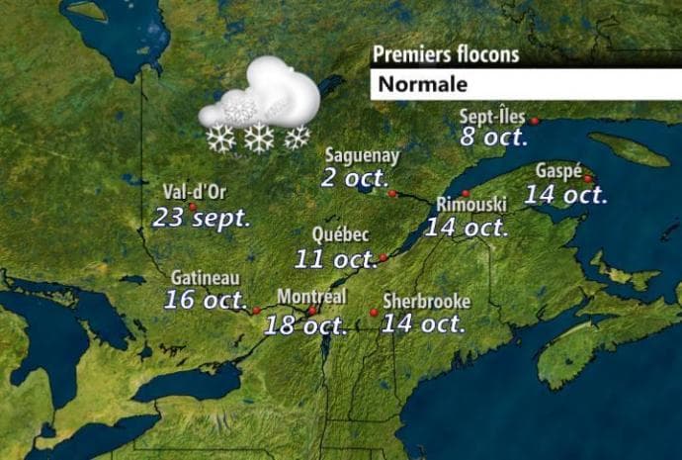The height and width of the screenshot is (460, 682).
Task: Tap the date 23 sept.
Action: coord(202,217)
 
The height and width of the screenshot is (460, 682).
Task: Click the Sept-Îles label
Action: coord(492,117)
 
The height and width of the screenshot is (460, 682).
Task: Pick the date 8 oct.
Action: coord(494,138)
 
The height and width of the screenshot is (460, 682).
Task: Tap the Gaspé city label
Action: coord(557,170)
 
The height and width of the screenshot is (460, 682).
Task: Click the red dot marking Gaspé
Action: coord(587,179)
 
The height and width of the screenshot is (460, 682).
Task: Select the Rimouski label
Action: coord(471,204)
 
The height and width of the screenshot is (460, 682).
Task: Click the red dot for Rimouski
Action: coord(466,193)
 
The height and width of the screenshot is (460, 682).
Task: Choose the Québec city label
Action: coord(340,235)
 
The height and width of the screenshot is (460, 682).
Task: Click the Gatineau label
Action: coord(205,279)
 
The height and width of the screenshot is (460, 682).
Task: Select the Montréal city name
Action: coord(311,296)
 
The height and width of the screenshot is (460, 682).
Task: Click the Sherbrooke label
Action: coord(426,301)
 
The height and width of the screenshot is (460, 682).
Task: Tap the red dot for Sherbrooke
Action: coord(374,313)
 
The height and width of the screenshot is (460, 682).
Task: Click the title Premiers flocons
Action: coord(445,55)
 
